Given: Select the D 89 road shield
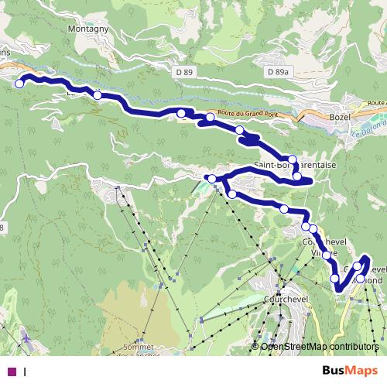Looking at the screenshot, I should (x=183, y=71).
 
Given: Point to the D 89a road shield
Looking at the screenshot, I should (x=277, y=71).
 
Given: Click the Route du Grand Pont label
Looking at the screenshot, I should (x=248, y=115).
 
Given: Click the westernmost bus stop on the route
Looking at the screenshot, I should (x=19, y=84).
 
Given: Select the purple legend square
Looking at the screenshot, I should (x=12, y=372).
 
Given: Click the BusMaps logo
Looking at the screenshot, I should (x=354, y=372).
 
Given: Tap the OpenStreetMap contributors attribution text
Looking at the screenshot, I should (x=320, y=346).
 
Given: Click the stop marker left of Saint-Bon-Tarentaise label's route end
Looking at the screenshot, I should (x=213, y=179).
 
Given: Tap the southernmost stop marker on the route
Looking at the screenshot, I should (x=335, y=278).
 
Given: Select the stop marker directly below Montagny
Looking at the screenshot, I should (x=98, y=95).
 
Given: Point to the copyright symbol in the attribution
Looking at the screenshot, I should (x=255, y=346).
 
